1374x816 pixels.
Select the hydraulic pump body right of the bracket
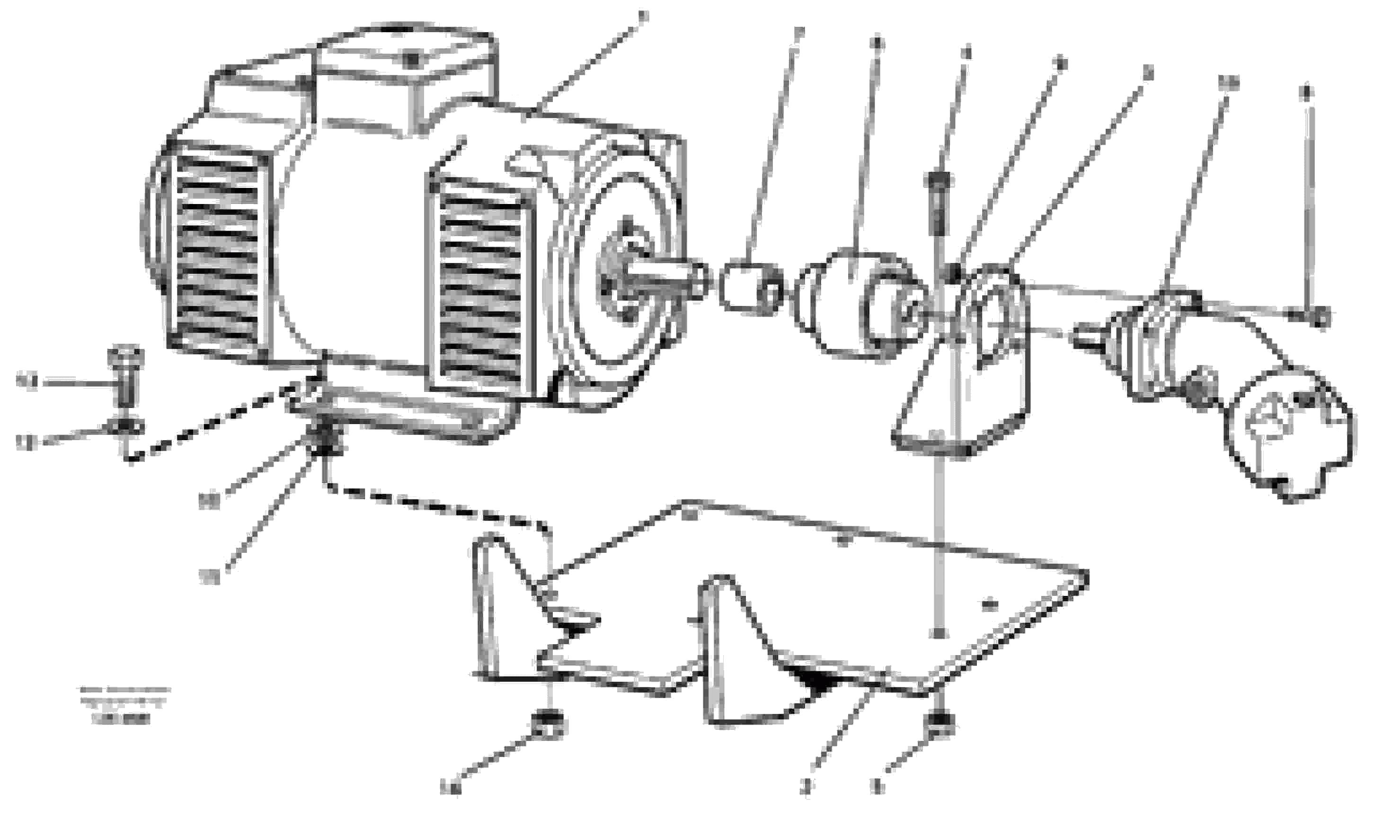pos(1154,352)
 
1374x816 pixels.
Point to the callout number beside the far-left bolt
pos(27,381)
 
